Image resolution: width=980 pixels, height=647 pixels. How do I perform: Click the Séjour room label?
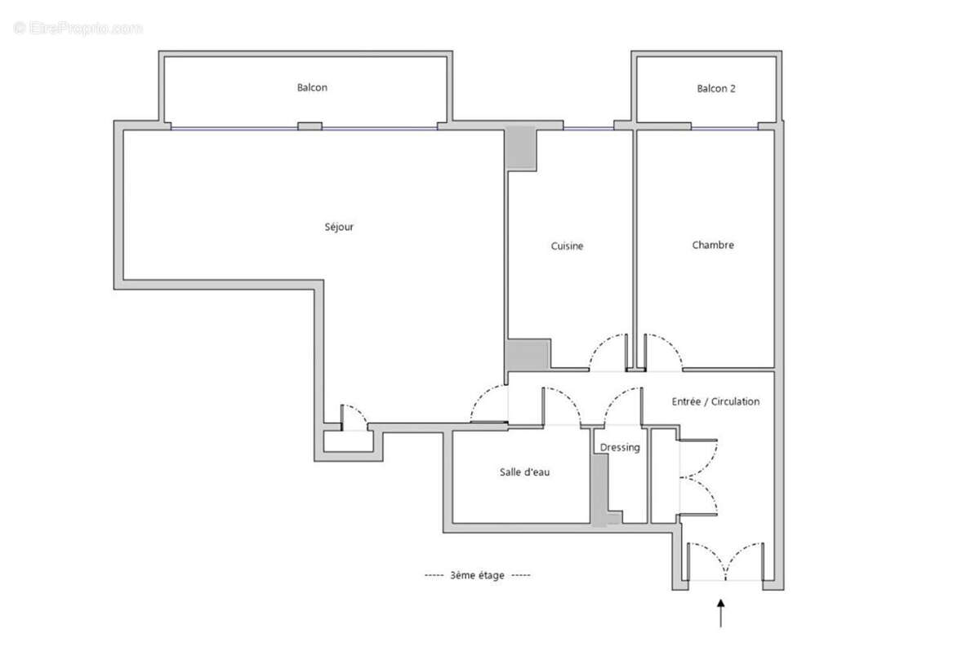339,227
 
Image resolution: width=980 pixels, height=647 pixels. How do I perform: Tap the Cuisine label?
567,246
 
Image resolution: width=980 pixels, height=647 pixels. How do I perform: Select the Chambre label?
713,245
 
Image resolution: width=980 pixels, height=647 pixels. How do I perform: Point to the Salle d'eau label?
524,472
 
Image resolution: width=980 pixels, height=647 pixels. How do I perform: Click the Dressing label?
620,448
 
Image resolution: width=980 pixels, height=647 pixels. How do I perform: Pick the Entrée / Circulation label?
715,401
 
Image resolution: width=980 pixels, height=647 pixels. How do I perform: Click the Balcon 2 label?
716,88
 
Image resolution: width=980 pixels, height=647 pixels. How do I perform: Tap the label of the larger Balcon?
312,87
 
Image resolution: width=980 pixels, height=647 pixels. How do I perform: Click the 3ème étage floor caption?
477,575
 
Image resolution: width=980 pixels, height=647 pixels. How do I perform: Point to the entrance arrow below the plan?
720,613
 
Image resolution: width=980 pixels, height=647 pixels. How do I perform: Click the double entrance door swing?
725,561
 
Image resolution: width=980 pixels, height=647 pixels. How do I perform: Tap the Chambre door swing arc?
663,351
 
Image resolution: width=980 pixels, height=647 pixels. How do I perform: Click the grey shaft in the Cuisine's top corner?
520,148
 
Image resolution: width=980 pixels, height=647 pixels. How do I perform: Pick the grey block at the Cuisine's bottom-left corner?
527,355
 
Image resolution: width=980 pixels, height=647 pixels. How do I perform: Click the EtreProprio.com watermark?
78,28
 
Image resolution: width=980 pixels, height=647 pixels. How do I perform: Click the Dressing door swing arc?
622,405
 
